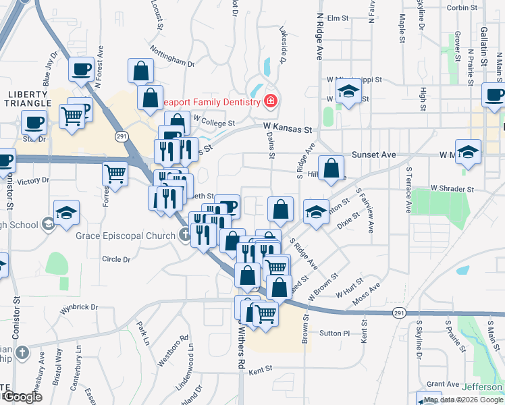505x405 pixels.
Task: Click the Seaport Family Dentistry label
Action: coord(211,102)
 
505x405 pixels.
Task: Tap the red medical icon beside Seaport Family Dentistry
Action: coord(271,102)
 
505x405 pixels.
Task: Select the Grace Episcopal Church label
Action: coord(128,235)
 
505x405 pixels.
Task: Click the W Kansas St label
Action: coord(290,127)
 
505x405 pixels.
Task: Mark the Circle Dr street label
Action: coord(115,259)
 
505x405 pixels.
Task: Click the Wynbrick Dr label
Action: coord(79,307)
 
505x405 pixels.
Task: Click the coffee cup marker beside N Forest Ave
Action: coord(81,70)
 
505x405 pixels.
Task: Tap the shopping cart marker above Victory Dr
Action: coord(115,173)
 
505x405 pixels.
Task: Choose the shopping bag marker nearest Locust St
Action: coord(140,70)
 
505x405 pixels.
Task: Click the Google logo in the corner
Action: coord(22,397)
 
